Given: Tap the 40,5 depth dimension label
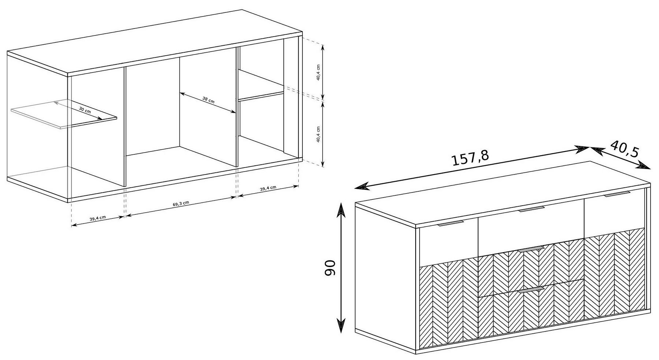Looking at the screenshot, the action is [625, 149].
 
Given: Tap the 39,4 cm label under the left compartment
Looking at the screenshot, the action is [98, 218].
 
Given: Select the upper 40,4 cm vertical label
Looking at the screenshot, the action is [319, 73].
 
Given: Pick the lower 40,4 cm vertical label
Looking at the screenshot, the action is [319, 134].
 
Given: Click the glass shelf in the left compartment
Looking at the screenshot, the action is [64, 113].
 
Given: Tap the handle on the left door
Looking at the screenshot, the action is [451, 224].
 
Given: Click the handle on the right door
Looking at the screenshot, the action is [617, 194].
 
